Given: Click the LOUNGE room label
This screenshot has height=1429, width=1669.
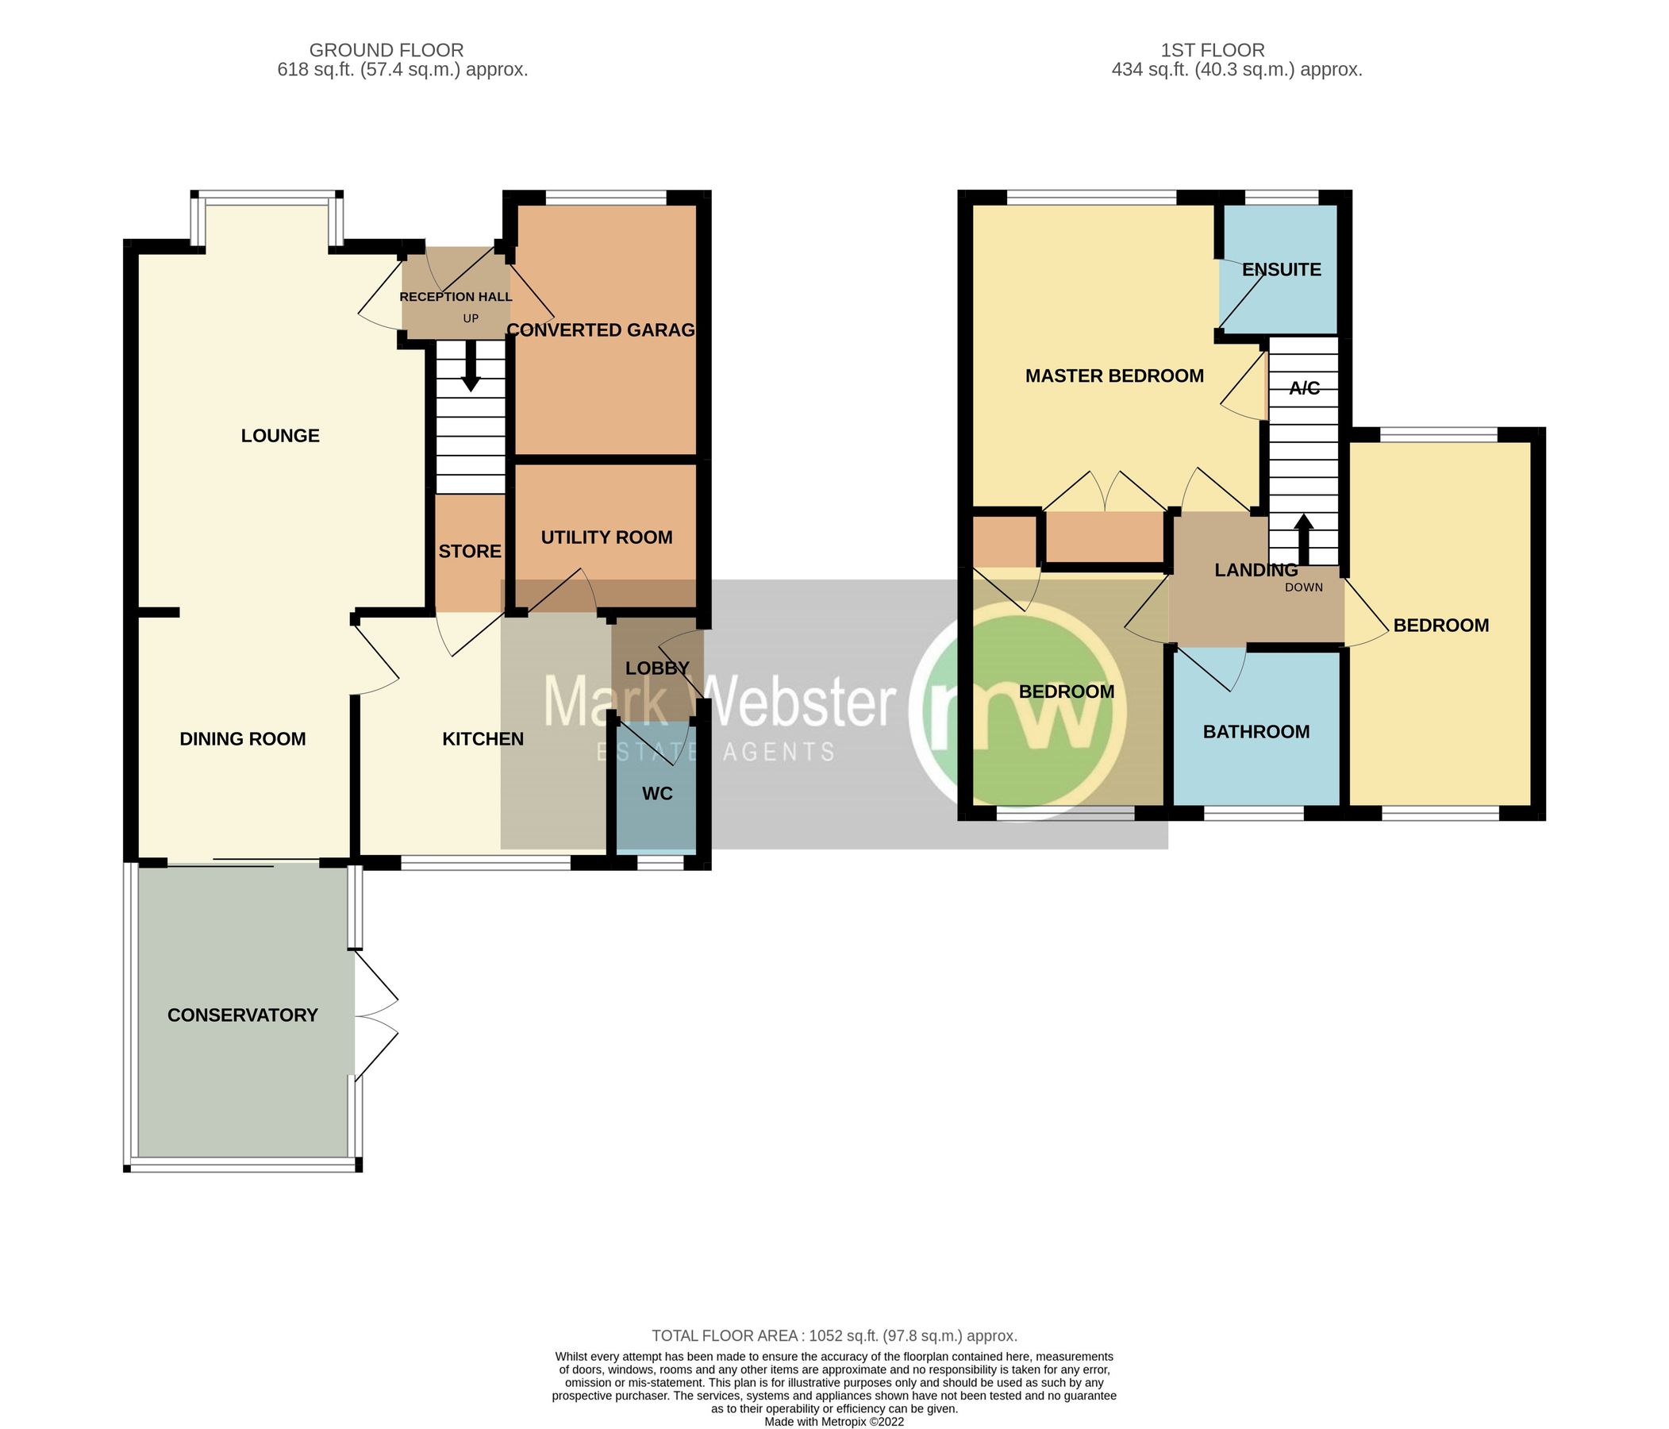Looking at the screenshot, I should pos(280,436).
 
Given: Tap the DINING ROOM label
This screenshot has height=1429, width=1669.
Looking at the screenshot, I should pos(243,739).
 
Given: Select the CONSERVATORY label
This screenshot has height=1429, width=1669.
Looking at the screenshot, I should pos(243,1015).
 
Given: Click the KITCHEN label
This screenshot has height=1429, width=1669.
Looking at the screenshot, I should pos(483,739).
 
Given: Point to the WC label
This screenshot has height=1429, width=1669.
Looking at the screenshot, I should pos(657,794).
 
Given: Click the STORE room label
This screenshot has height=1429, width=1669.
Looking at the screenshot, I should pos(470,551).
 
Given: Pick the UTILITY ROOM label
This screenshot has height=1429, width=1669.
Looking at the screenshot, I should pos(606,537).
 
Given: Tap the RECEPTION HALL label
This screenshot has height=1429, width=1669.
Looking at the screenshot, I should pos(456,297).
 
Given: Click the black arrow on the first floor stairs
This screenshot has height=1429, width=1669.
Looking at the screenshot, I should pos(1304,538).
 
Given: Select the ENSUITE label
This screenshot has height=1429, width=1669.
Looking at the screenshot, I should pos(1282,270).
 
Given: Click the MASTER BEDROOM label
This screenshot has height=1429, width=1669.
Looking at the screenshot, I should pos(1114,376).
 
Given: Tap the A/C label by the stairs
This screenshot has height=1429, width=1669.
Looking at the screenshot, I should pos(1304,388).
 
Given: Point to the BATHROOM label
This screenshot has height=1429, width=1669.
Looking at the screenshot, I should pos(1256,732).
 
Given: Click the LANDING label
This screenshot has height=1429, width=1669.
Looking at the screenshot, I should pos(1256,571).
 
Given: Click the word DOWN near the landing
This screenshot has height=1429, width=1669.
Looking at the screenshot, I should pos(1303,587).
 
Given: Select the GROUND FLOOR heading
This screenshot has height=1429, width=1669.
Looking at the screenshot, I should pos(386,51).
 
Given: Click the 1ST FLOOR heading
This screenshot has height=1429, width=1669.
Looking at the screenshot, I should pos(1213,51).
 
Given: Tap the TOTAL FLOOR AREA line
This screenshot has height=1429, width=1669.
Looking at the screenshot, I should pos(835,1335).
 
